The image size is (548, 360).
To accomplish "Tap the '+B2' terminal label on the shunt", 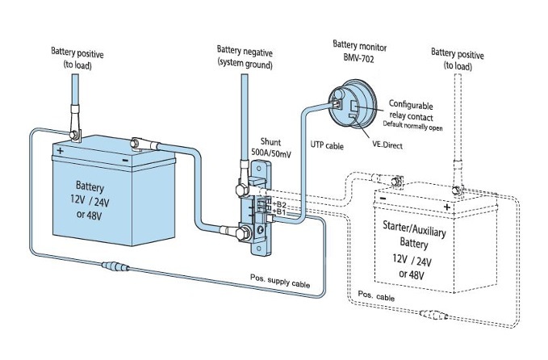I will point(280,204).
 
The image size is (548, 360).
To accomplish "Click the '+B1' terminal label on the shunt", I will point(280,213).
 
